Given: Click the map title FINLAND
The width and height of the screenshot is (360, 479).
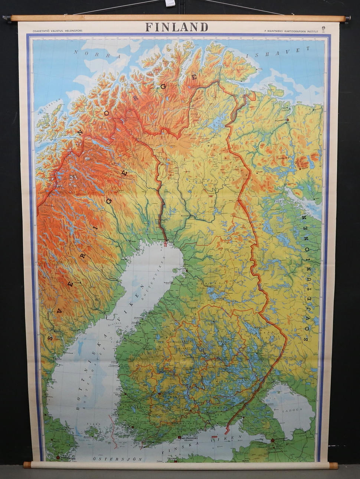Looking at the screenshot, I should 177,27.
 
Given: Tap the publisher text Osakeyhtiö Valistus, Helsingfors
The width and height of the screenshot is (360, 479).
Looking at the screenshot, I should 58,30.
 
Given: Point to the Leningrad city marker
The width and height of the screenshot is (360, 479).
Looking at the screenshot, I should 273,440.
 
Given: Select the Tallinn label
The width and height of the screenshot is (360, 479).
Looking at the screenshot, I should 171,458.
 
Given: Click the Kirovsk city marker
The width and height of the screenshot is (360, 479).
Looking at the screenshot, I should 299,169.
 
